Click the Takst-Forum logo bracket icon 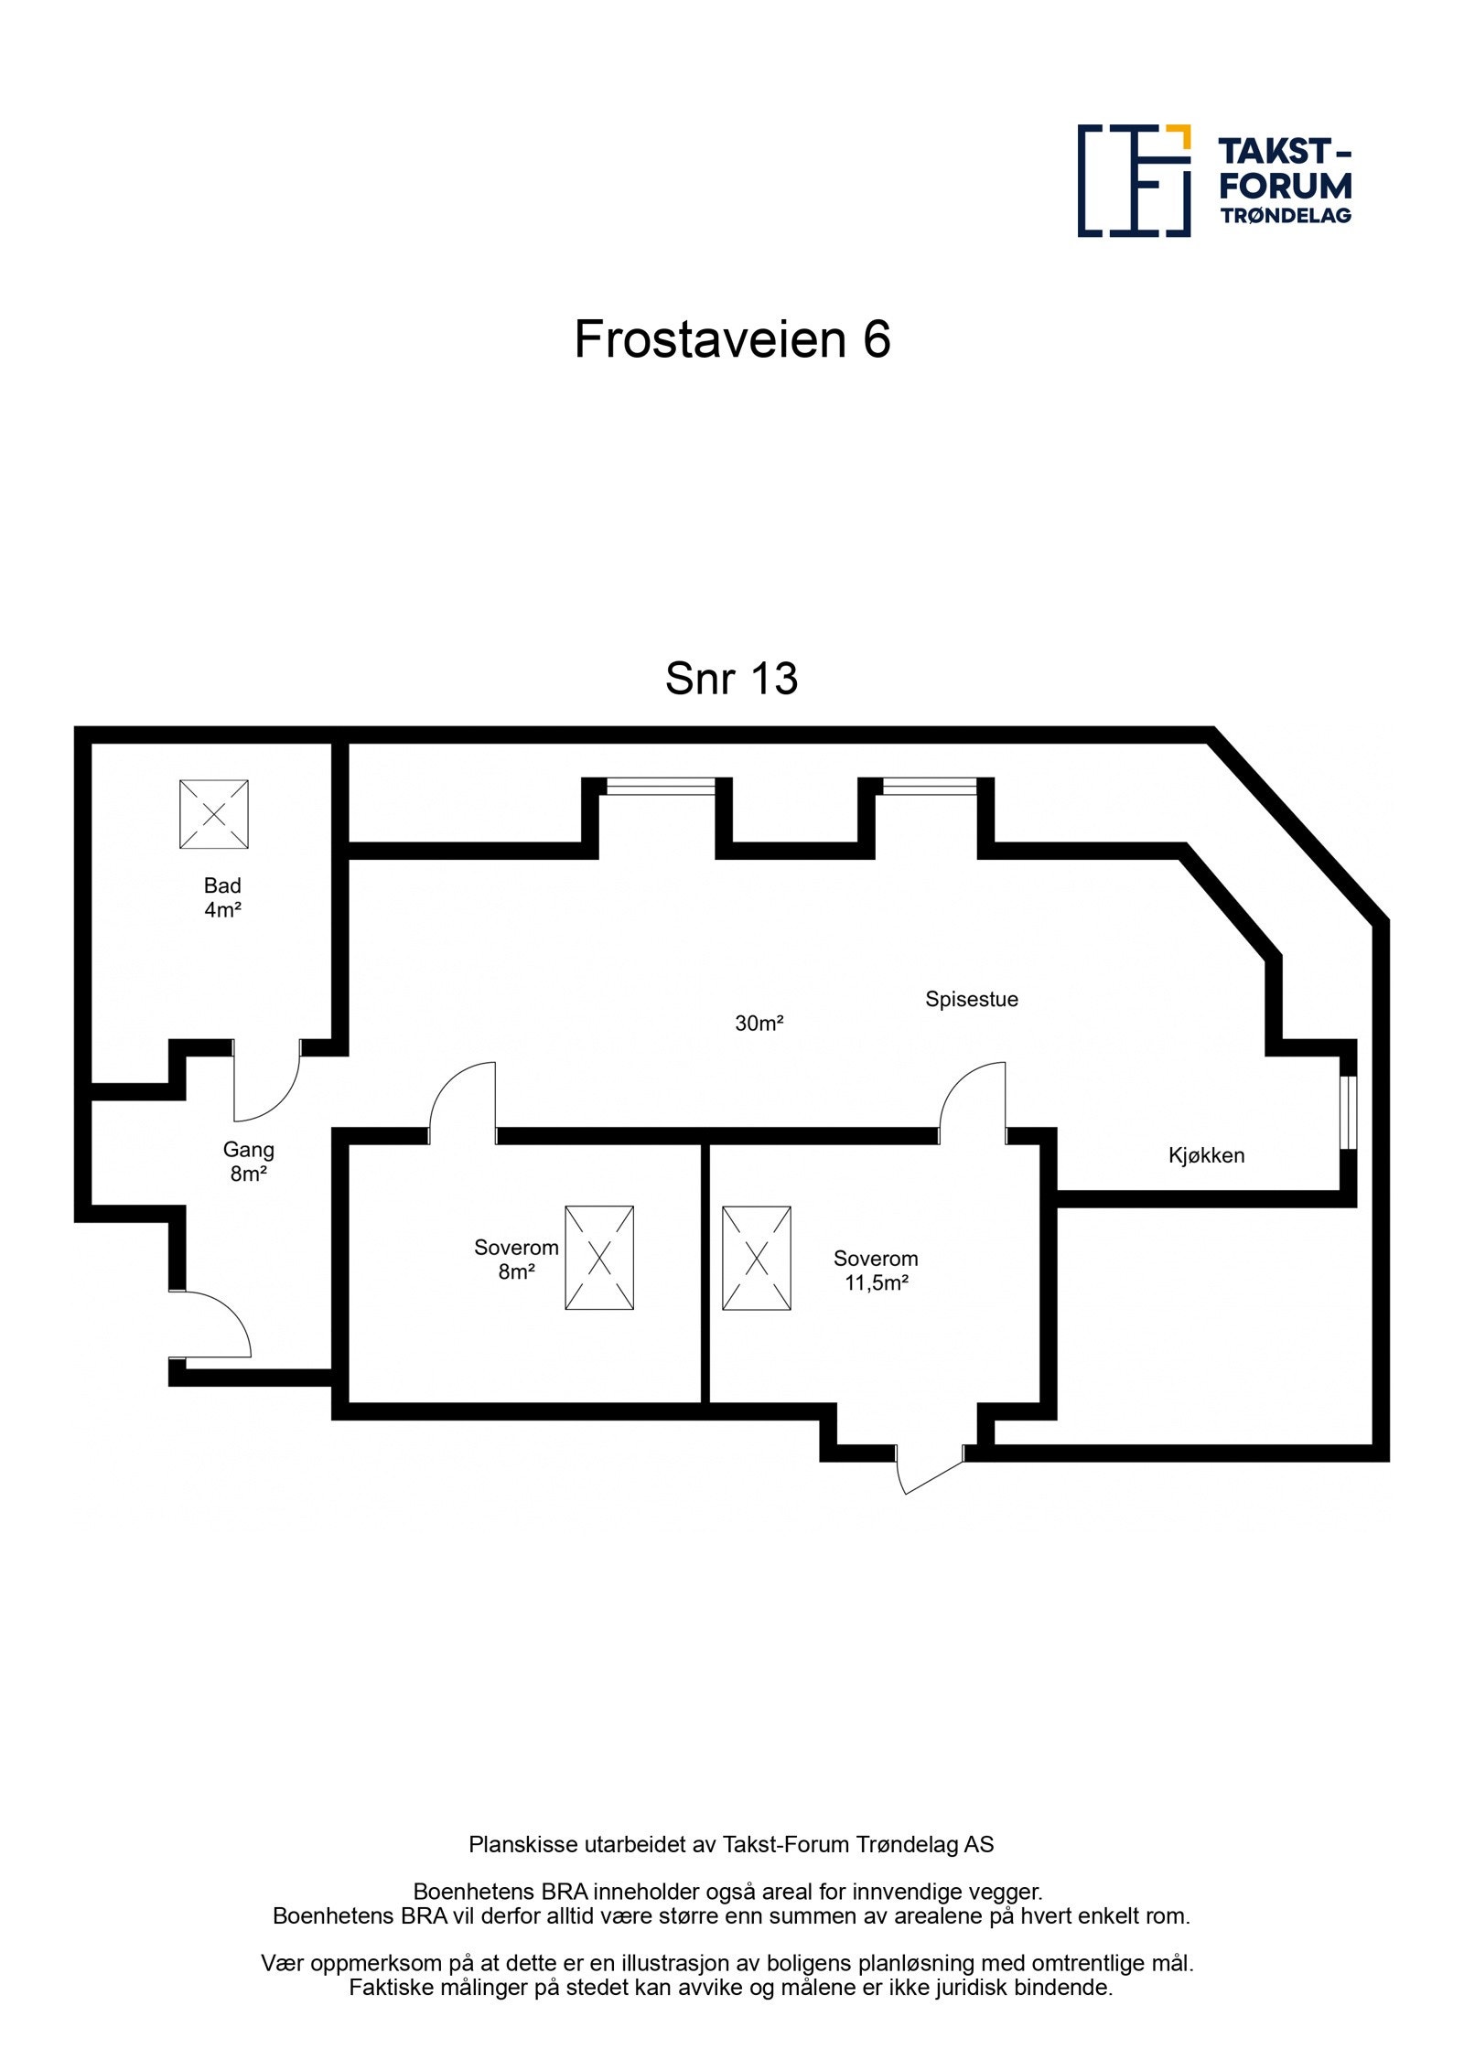point(1133,180)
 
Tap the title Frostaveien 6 point(732,339)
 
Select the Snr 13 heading point(731,679)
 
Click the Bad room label point(222,885)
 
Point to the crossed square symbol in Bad point(214,814)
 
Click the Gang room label point(248,1150)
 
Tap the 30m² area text point(759,1024)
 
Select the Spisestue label point(971,999)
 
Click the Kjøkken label point(1206,1155)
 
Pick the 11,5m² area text point(876,1282)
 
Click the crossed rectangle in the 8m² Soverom point(599,1258)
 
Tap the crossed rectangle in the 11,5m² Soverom point(757,1258)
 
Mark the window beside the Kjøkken point(1348,1111)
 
